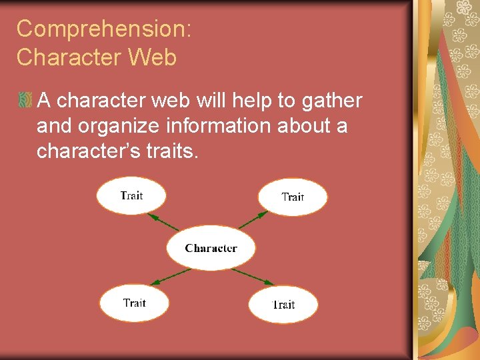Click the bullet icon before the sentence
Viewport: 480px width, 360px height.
click(x=25, y=101)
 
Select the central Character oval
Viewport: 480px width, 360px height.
click(x=211, y=248)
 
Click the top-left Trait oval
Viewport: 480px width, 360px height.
click(x=131, y=195)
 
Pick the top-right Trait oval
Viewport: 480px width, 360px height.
click(x=293, y=197)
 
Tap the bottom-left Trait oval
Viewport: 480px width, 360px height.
click(x=133, y=303)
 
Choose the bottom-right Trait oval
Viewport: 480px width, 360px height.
click(x=283, y=305)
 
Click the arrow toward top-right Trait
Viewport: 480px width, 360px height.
click(x=253, y=219)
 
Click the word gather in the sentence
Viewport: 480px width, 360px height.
click(x=331, y=101)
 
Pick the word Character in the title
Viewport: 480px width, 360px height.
click(x=70, y=58)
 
